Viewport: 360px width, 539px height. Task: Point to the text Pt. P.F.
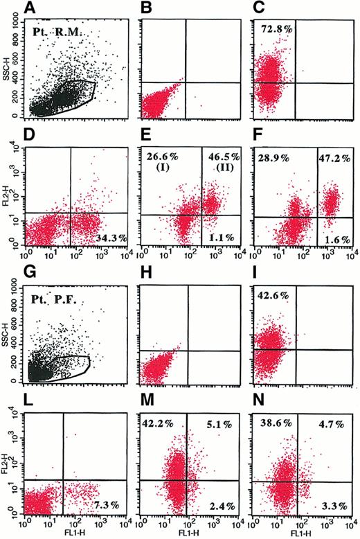[x=61, y=302]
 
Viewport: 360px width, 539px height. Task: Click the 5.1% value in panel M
[x=226, y=421]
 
